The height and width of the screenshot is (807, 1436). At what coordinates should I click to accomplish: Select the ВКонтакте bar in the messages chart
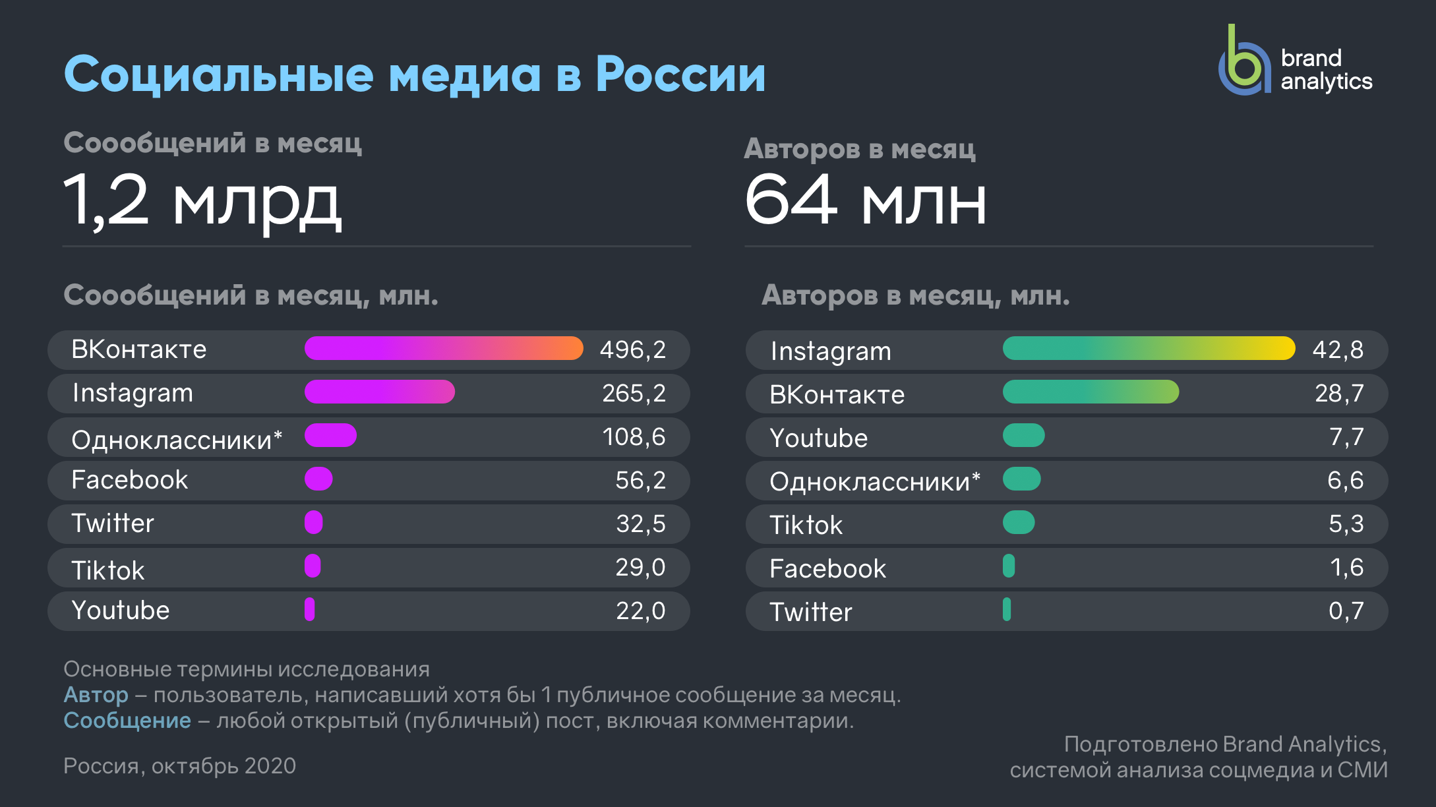pyautogui.click(x=443, y=348)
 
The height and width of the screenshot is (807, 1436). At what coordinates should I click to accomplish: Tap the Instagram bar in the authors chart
pyautogui.click(x=1148, y=348)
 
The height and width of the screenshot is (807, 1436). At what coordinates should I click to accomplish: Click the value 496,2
pyautogui.click(x=632, y=349)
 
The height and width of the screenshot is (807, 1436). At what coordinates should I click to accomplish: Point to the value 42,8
pyautogui.click(x=1337, y=349)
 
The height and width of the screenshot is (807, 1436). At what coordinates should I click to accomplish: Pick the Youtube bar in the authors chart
pyautogui.click(x=1023, y=435)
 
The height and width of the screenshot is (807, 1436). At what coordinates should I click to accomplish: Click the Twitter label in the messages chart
pyautogui.click(x=113, y=523)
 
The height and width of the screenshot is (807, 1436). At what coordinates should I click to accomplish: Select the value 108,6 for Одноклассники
pyautogui.click(x=634, y=436)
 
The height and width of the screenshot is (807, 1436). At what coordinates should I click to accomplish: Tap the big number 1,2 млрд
pyautogui.click(x=202, y=200)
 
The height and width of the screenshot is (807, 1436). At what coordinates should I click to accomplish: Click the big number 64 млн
pyautogui.click(x=865, y=200)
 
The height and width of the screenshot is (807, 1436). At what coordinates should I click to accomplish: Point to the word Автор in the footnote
pyautogui.click(x=96, y=694)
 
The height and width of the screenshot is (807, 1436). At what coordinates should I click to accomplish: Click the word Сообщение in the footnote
pyautogui.click(x=127, y=720)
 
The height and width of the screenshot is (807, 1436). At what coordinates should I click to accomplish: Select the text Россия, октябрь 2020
pyautogui.click(x=179, y=765)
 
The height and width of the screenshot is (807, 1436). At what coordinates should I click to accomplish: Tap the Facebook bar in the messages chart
pyautogui.click(x=318, y=479)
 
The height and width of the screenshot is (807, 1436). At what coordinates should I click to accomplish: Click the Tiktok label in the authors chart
pyautogui.click(x=806, y=525)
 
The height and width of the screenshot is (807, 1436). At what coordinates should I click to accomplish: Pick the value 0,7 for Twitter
pyautogui.click(x=1346, y=611)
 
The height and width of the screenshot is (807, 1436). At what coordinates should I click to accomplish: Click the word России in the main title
pyautogui.click(x=680, y=74)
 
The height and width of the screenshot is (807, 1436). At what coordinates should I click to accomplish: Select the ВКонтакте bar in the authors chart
pyautogui.click(x=1091, y=392)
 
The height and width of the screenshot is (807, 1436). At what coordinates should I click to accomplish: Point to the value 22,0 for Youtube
pyautogui.click(x=640, y=611)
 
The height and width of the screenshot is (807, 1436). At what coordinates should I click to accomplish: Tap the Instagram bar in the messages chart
pyautogui.click(x=379, y=392)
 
